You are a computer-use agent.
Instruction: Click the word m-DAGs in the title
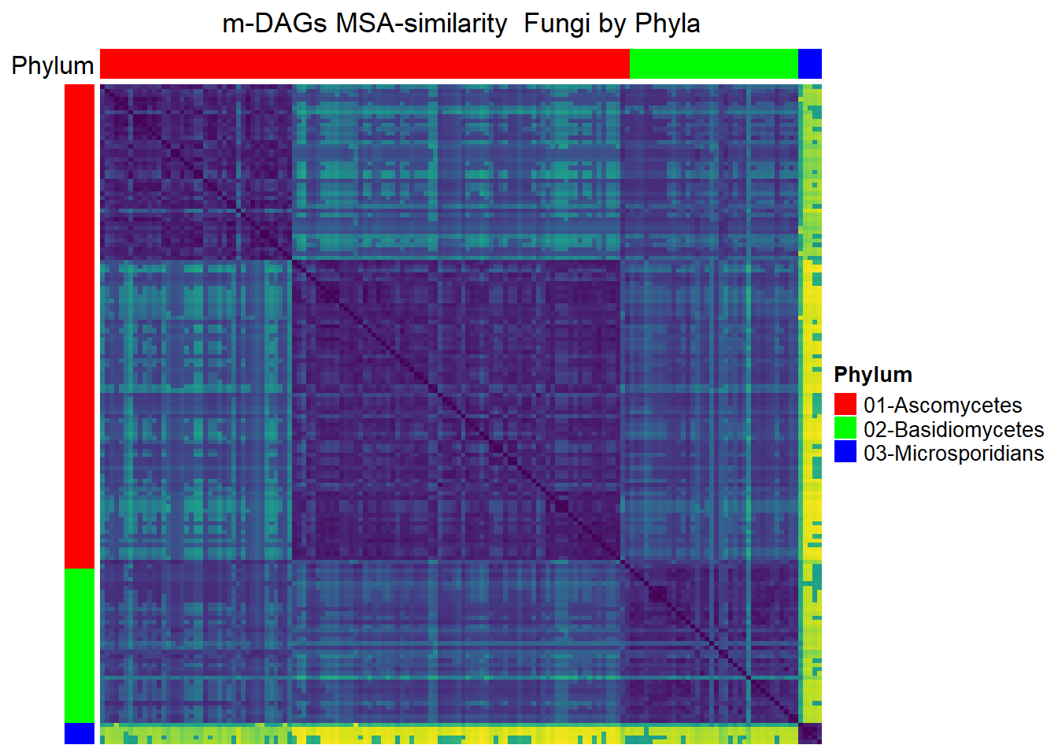pos(275,24)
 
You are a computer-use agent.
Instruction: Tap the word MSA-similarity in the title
pos(421,24)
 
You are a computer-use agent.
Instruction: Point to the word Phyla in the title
pos(668,24)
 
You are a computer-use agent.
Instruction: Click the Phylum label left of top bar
pos(53,65)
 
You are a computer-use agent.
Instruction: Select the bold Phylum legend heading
pos(873,375)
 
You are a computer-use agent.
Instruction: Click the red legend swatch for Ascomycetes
pos(845,404)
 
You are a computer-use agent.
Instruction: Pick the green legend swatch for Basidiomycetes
pos(845,428)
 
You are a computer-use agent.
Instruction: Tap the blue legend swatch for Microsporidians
pos(845,451)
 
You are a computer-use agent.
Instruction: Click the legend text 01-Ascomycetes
pos(943,405)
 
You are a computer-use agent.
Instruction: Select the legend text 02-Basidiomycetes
pos(953,429)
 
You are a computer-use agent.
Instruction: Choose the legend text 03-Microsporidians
pos(953,453)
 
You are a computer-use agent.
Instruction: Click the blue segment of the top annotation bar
pos(810,63)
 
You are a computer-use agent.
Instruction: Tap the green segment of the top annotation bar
pos(714,63)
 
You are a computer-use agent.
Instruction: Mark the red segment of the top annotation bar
pos(364,63)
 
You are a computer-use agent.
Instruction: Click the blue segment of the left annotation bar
pos(80,733)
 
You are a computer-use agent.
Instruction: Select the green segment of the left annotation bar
pos(80,646)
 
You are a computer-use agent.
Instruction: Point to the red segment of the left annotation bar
pos(80,327)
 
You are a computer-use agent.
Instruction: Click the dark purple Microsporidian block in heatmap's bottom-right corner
pos(810,733)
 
